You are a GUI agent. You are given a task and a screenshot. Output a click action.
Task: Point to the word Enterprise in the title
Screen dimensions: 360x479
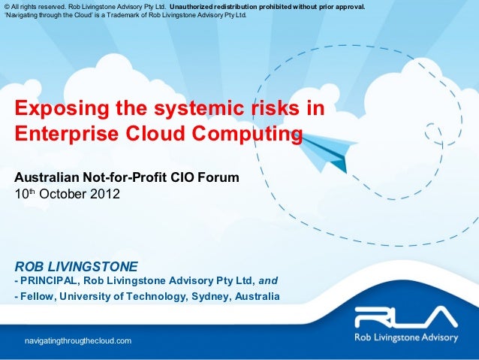65,135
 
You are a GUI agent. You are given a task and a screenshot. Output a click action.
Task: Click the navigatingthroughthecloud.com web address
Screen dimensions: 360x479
78,341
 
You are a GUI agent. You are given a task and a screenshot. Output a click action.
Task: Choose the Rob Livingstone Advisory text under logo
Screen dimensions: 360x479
405,337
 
